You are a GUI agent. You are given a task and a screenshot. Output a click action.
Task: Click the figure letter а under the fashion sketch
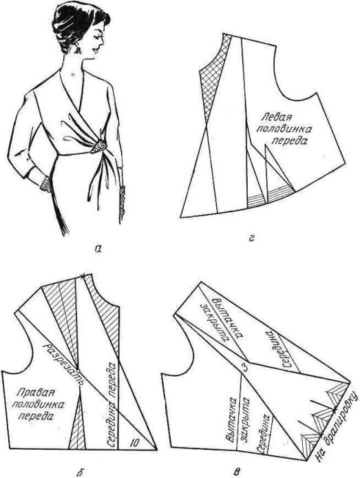click(98, 249)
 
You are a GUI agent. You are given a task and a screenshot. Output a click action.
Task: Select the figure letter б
click(78, 472)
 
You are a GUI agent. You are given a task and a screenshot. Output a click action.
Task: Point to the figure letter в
click(237, 472)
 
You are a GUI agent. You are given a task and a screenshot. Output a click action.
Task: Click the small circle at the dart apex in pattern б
click(78, 371)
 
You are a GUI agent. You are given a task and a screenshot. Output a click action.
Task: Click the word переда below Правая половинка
click(35, 417)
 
